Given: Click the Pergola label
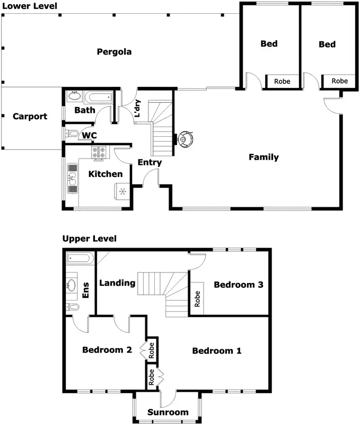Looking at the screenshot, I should click(x=114, y=52).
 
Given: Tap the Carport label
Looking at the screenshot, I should click(x=30, y=117).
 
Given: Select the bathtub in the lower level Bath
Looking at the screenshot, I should click(x=99, y=97).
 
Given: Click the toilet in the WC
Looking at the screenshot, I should click(x=72, y=134).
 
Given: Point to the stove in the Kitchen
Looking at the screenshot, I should click(x=99, y=153).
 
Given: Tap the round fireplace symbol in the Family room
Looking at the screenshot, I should click(x=185, y=139).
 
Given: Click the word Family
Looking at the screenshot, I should click(x=264, y=157).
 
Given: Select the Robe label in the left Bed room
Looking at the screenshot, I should click(x=282, y=82).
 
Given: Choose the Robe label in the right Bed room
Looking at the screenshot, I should click(x=340, y=81).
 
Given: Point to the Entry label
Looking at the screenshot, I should click(x=150, y=163).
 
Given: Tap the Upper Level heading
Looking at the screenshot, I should click(x=89, y=239).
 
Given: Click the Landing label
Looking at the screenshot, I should click(x=117, y=283).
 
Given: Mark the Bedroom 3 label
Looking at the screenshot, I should click(x=239, y=285).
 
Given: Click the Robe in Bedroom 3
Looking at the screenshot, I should click(x=196, y=300).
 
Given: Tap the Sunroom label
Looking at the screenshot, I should click(x=168, y=412).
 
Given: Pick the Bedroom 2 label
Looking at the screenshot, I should click(x=107, y=350).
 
